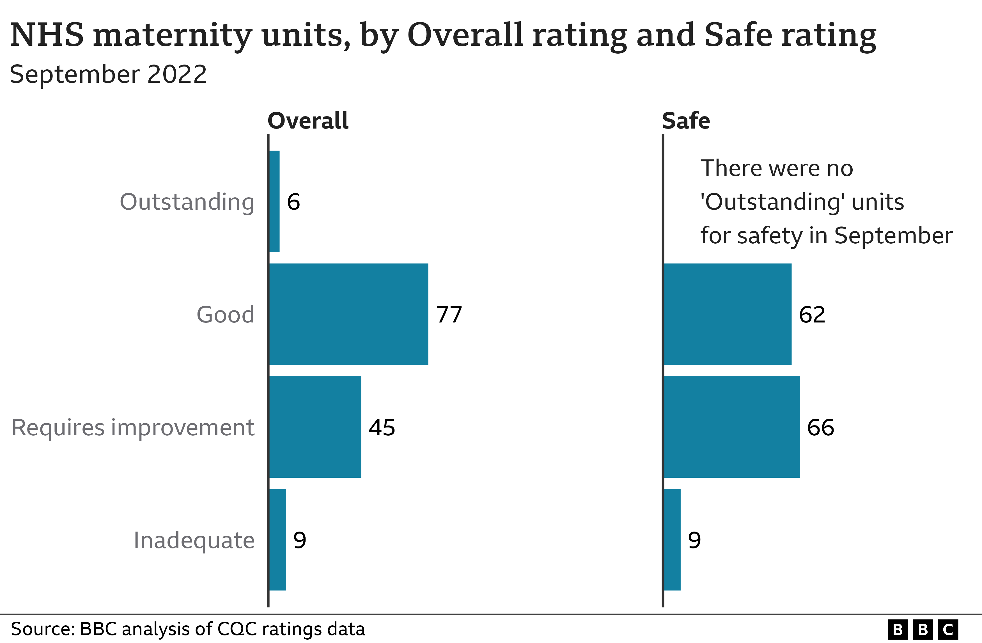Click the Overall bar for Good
[349, 314]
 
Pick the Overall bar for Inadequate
[277, 539]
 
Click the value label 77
[449, 315]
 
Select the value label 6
[293, 202]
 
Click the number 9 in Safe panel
[694, 540]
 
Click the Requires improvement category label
[133, 427]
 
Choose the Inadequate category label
[194, 540]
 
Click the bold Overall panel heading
[308, 121]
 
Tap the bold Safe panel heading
[686, 121]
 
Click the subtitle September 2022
[108, 75]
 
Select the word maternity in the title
[173, 35]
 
